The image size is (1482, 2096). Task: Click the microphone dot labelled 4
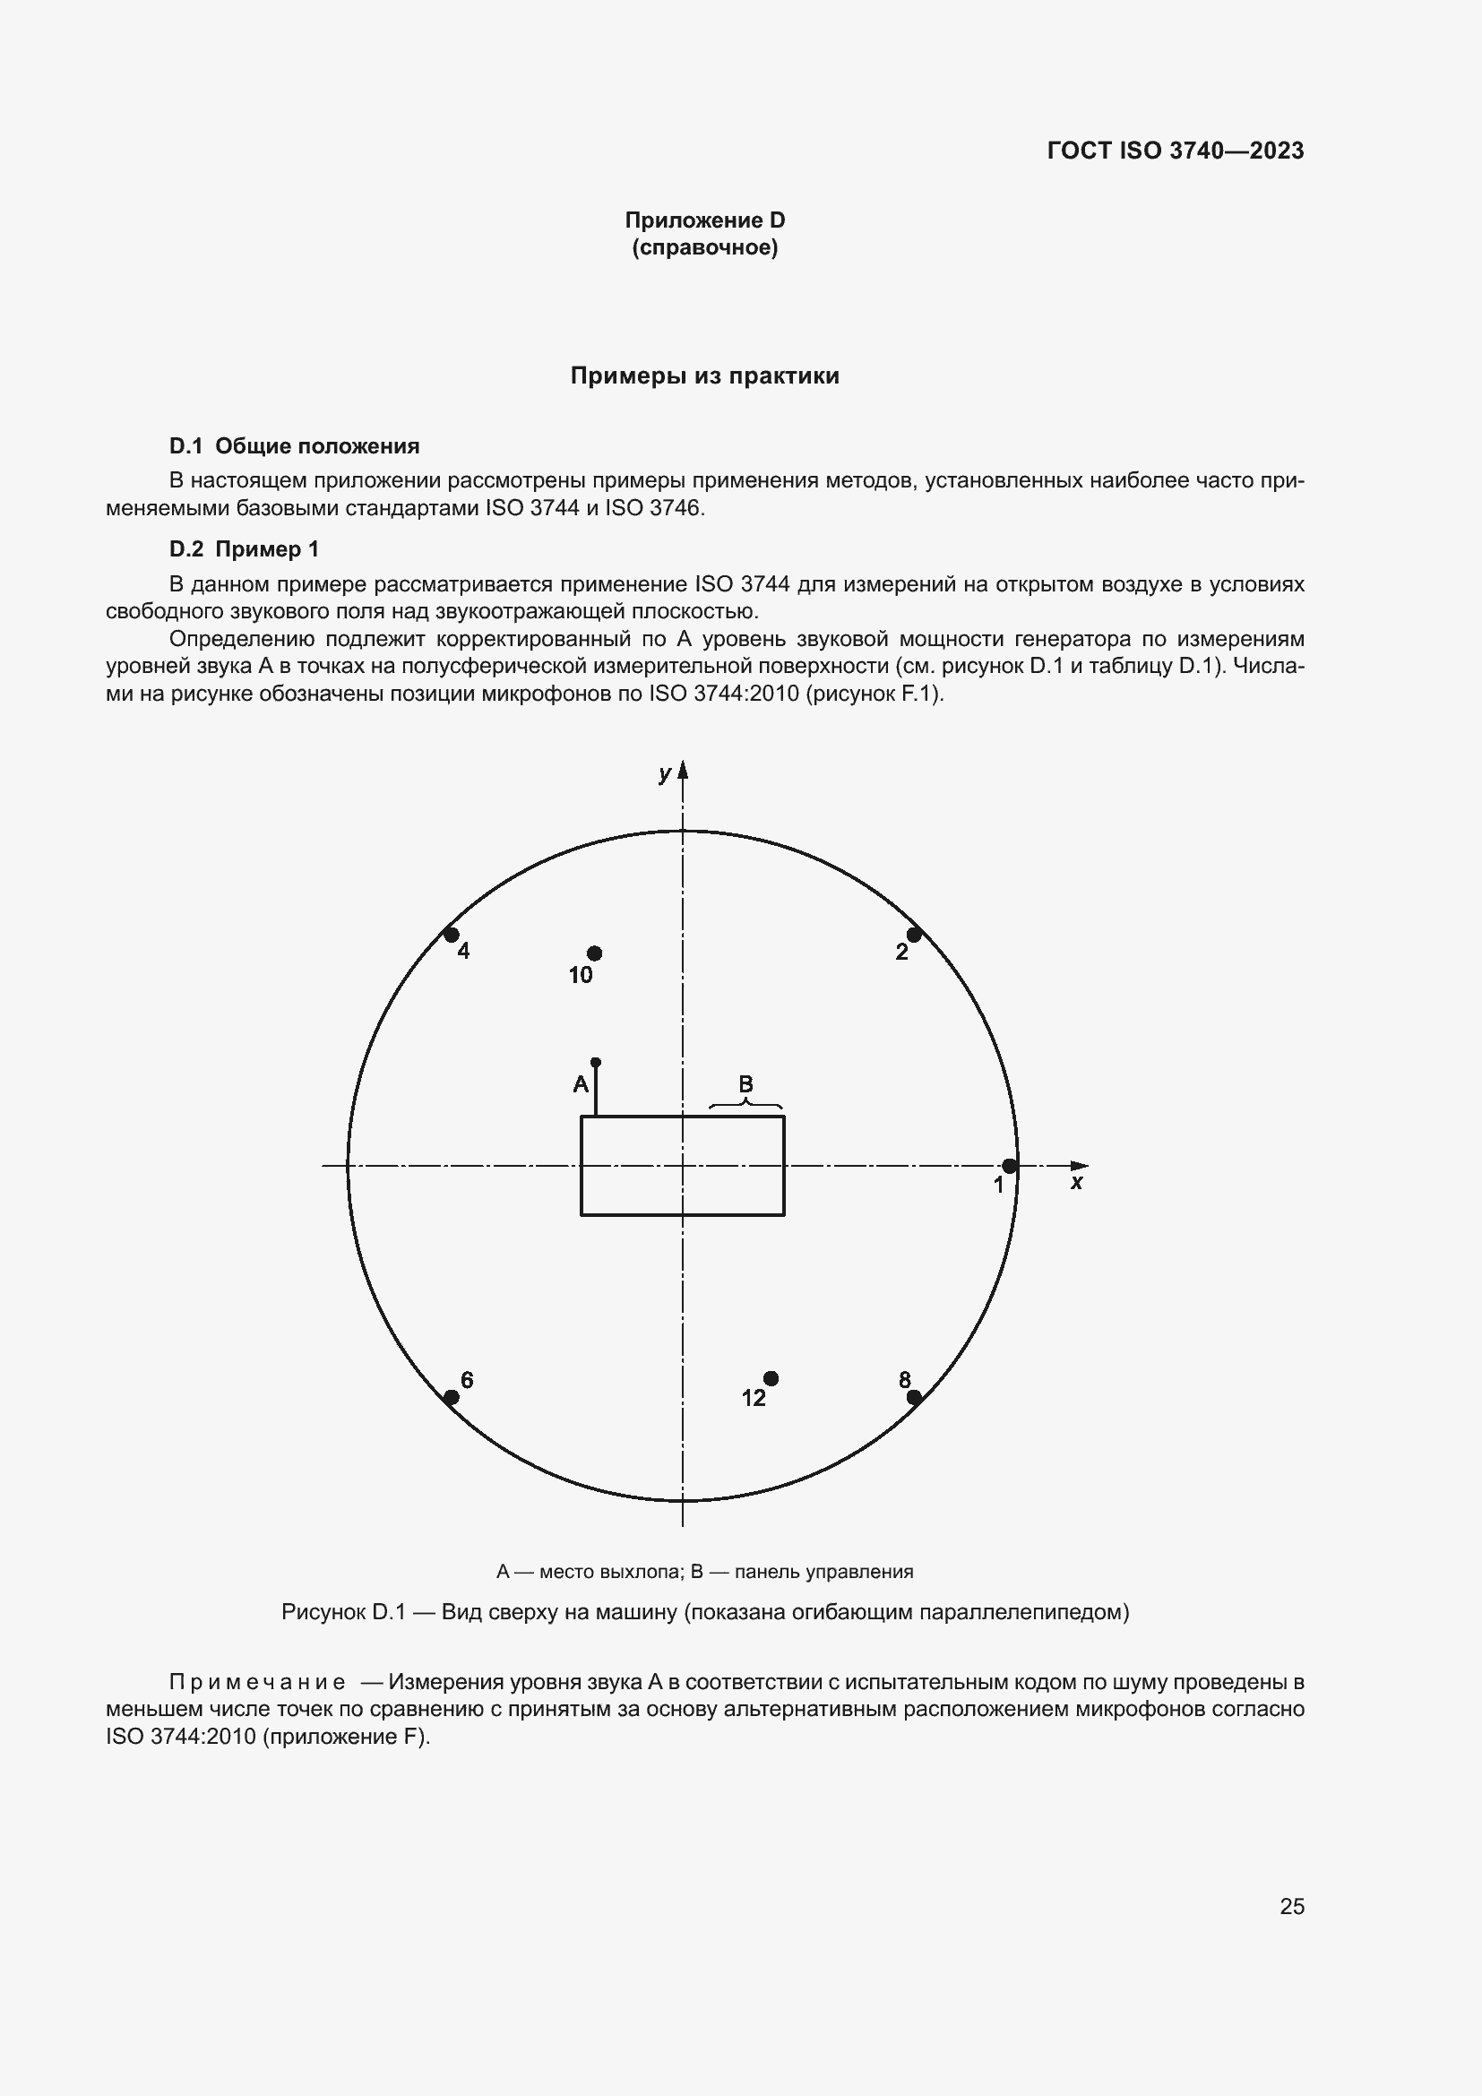(x=451, y=935)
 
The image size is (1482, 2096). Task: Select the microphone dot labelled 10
(x=594, y=953)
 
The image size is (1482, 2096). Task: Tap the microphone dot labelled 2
(x=913, y=935)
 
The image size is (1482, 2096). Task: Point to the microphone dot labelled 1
(x=1009, y=1166)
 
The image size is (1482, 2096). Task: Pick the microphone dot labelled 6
(x=451, y=1398)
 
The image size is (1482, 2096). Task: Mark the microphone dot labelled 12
(x=771, y=1378)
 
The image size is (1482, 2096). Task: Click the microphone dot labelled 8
(x=913, y=1397)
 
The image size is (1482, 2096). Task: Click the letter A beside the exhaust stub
(x=581, y=1084)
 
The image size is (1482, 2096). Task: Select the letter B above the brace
(x=745, y=1083)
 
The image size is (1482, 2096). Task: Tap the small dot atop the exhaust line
(x=596, y=1063)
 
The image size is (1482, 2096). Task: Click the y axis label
(x=664, y=774)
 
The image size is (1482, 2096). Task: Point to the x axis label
(x=1077, y=1183)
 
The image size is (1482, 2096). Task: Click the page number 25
(x=1292, y=1906)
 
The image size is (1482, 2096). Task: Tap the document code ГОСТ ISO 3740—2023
(x=1176, y=151)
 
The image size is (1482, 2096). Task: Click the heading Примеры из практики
(x=704, y=376)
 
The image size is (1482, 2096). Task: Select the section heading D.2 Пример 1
(x=244, y=548)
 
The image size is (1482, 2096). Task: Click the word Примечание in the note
(x=257, y=1681)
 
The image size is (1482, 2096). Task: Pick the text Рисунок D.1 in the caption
(x=343, y=1611)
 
